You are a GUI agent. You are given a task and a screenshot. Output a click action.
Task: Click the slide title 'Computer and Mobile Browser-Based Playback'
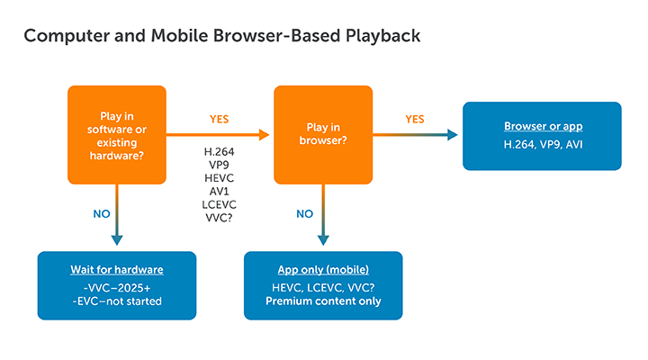point(221,37)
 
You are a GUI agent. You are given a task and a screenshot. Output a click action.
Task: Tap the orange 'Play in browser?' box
point(323,134)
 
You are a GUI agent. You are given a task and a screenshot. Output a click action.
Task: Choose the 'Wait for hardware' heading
point(116,270)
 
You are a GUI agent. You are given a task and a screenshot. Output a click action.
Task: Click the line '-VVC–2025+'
point(116,286)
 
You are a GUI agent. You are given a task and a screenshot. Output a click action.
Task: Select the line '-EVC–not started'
point(116,301)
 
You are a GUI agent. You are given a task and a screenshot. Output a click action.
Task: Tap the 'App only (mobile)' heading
point(323,270)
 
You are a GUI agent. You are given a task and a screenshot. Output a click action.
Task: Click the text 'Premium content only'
point(323,301)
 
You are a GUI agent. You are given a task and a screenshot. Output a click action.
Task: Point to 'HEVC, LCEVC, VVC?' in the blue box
point(323,286)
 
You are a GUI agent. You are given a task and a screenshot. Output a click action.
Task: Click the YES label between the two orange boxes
point(220,118)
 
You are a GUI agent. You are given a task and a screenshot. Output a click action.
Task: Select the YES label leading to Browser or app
point(415,118)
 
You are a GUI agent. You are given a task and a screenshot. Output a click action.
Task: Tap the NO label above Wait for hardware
point(103,214)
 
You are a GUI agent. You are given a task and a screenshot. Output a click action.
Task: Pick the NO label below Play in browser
point(306,214)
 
